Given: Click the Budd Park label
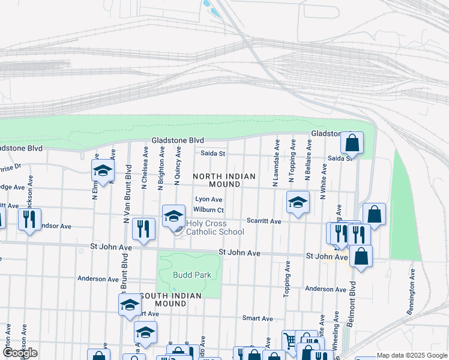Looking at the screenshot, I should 191,275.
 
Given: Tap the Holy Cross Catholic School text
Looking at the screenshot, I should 215,227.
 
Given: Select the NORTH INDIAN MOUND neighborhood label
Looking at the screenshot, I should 224,180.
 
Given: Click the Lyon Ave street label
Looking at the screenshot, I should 209,199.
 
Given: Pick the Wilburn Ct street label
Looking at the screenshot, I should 208,210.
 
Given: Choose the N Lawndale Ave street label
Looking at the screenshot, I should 276,163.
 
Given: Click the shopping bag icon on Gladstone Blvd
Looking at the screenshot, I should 352,143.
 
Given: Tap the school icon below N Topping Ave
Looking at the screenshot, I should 297,203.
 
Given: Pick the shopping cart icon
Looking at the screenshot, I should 291,341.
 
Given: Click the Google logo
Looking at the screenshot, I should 20,353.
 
